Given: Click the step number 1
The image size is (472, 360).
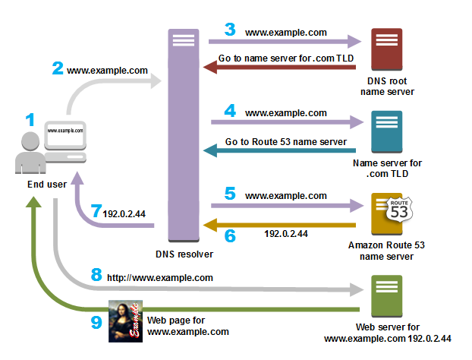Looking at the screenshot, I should (30, 120).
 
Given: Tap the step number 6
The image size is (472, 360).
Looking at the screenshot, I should (230, 236).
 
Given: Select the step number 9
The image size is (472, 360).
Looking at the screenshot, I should (96, 322).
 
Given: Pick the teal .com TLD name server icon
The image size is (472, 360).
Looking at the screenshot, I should (387, 133).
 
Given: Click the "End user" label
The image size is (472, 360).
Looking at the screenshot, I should (36, 184).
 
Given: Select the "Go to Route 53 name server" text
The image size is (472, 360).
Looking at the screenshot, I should (286, 142).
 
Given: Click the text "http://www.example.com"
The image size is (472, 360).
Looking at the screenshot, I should (159, 278).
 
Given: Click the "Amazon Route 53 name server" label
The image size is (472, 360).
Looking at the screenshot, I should (387, 251).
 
